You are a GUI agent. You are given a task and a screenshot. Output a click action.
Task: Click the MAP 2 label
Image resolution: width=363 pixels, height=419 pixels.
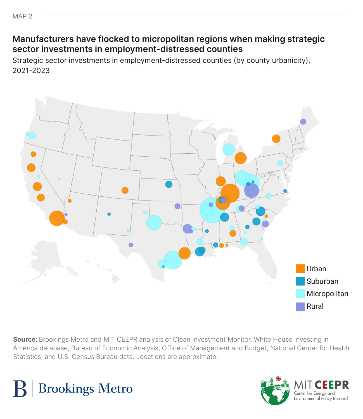pyautogui.click(x=22, y=16)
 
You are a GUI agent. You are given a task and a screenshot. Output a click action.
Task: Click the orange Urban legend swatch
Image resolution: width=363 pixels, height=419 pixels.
pyautogui.click(x=300, y=268)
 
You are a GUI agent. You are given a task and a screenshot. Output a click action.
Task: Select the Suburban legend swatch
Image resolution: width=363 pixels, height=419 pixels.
pyautogui.click(x=300, y=281)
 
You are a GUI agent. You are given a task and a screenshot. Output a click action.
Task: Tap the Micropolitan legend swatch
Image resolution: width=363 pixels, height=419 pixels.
pyautogui.click(x=300, y=294)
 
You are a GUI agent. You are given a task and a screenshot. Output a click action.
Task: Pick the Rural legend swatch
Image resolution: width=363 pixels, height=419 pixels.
pyautogui.click(x=300, y=306)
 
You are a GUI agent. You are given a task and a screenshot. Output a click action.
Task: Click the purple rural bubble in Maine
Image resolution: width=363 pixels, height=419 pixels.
pyautogui.click(x=303, y=122)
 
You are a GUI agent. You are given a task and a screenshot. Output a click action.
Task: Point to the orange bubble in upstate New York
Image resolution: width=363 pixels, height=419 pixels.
pyautogui.click(x=276, y=139)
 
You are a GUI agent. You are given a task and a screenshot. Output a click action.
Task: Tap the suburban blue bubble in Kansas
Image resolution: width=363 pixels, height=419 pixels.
pyautogui.click(x=169, y=184)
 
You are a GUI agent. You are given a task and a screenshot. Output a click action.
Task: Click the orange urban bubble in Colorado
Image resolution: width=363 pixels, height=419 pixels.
pyautogui.click(x=125, y=190)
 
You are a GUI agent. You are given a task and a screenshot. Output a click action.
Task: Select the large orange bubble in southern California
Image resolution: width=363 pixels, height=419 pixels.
pyautogui.click(x=57, y=218)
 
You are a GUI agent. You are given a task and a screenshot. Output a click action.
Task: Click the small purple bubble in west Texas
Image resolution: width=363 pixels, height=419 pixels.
pyautogui.click(x=131, y=245)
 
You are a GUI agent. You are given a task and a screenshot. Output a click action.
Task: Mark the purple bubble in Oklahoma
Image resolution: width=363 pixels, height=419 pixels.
pyautogui.click(x=177, y=206)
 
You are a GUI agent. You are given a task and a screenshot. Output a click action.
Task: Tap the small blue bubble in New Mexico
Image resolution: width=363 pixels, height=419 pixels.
pyautogui.click(x=109, y=214)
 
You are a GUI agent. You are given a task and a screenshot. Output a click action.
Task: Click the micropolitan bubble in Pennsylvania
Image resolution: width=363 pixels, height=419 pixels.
pyautogui.click(x=280, y=163)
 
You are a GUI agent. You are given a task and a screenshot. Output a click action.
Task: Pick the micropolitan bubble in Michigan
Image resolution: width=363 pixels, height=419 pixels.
pyautogui.click(x=229, y=149)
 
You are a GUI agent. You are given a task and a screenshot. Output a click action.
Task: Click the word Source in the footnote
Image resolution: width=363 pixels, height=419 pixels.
pyautogui.click(x=25, y=339)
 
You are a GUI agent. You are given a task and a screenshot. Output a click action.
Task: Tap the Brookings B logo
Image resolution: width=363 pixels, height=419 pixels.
pyautogui.click(x=20, y=389)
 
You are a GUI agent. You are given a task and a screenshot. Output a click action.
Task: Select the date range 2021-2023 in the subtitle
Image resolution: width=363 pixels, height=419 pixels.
pyautogui.click(x=31, y=70)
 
